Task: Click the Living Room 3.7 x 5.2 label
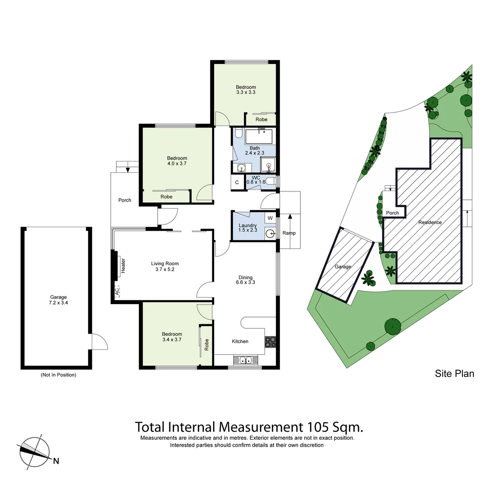tap(165, 267)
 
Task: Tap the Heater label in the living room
tap(123, 266)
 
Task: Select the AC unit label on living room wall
tap(117, 292)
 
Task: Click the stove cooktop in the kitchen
tap(270, 342)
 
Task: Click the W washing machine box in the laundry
tap(270, 218)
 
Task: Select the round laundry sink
tap(270, 233)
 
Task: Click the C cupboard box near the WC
tap(237, 182)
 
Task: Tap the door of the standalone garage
tap(99, 342)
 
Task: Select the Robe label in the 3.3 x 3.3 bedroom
tap(262, 119)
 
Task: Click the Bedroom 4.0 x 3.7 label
tap(177, 161)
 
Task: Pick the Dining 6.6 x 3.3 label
tap(245, 280)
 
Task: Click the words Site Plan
tap(454, 373)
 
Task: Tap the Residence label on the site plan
tap(430, 222)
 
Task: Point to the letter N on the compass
tap(56, 462)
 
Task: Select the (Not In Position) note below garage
tap(58, 375)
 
